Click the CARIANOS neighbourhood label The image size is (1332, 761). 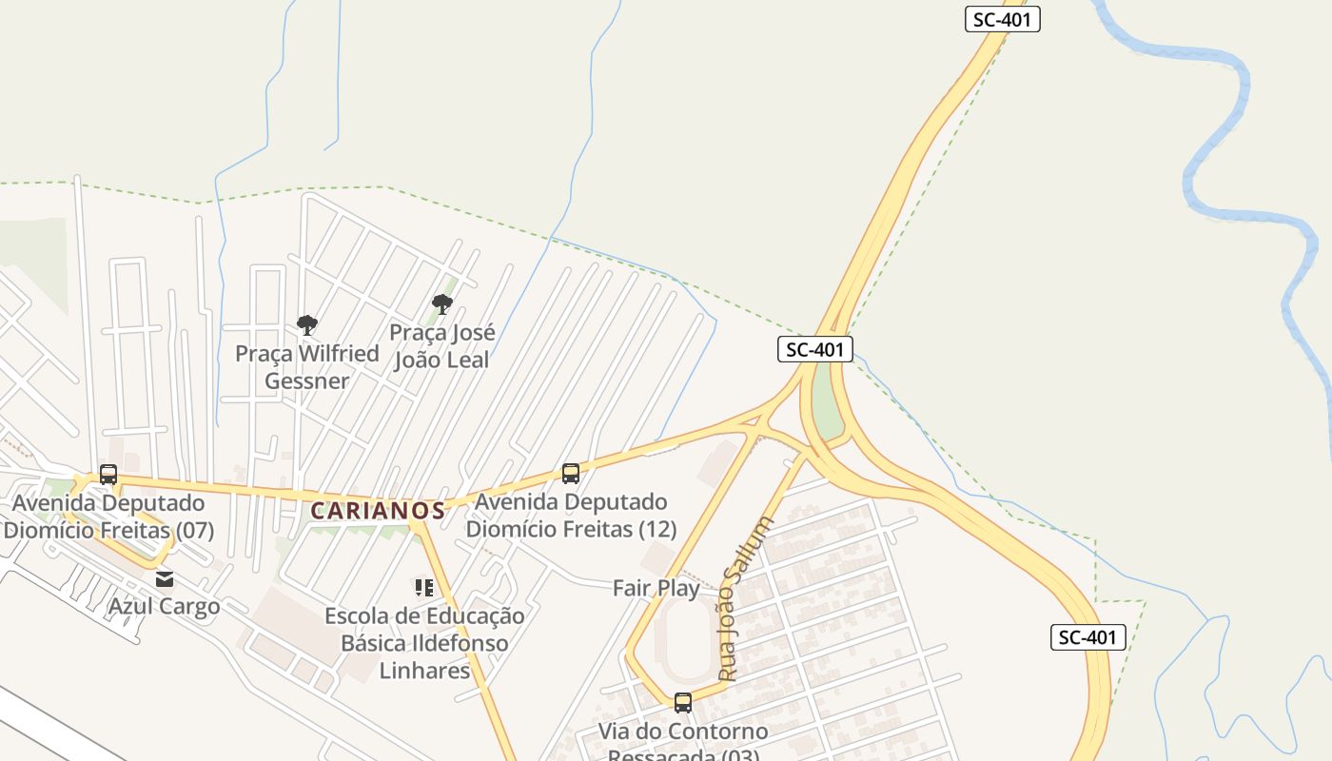(x=378, y=511)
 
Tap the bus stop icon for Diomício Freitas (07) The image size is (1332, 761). (x=108, y=475)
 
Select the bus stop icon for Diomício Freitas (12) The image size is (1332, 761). (x=571, y=473)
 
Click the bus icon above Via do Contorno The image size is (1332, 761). (x=683, y=703)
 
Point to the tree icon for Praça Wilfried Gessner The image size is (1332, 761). (x=306, y=325)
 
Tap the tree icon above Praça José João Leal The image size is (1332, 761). (x=441, y=304)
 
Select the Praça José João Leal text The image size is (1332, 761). (x=441, y=346)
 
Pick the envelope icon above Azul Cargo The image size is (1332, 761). (x=166, y=578)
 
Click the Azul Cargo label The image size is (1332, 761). (x=164, y=606)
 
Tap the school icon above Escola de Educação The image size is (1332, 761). (x=423, y=588)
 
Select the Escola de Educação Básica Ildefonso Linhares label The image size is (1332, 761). (x=424, y=643)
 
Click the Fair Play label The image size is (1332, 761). (x=656, y=588)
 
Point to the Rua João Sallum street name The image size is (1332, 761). (x=746, y=599)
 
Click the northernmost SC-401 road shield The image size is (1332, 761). (x=1002, y=19)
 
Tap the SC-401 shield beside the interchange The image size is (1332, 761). (x=814, y=349)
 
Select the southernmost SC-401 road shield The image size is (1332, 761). (x=1087, y=637)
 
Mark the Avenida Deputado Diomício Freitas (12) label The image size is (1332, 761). (x=572, y=515)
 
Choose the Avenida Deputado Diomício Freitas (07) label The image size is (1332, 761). (x=108, y=516)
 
